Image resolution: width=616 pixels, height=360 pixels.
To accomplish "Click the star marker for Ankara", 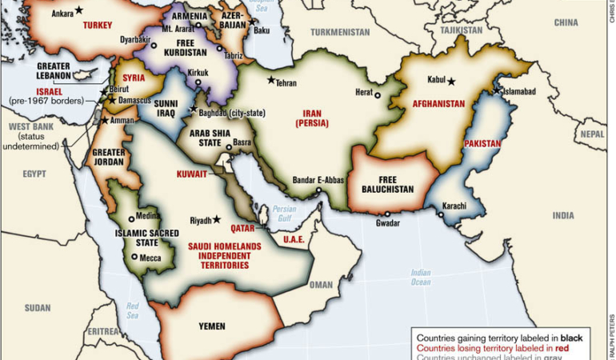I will (x=78, y=10).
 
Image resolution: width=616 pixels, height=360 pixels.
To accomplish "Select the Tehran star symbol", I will (x=271, y=80).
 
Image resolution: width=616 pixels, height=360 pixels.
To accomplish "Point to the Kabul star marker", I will (x=452, y=81).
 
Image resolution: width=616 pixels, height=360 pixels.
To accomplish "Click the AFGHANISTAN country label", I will (x=438, y=104).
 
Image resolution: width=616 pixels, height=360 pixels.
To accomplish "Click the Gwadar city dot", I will (x=387, y=214).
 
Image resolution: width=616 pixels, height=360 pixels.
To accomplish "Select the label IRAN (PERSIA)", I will (x=313, y=118).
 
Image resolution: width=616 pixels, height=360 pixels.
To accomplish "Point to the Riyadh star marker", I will (x=217, y=219).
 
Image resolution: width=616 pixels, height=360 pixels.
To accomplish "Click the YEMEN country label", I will (x=212, y=326).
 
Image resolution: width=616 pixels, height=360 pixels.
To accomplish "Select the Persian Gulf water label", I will (x=284, y=213).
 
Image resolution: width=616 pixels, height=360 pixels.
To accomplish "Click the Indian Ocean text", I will (x=421, y=277).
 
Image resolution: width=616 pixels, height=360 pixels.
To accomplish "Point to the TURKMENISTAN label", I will (x=340, y=32).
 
